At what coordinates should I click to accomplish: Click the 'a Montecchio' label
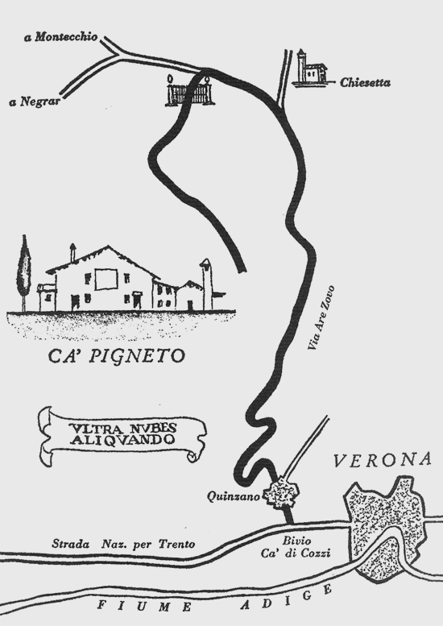point(61,37)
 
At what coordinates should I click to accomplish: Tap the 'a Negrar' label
point(35,102)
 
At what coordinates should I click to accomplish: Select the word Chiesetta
point(365,83)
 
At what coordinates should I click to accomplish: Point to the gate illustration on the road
point(190,90)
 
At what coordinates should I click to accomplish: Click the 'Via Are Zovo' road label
point(321,317)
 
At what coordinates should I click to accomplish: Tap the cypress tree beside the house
point(24,272)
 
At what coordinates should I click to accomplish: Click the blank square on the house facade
point(106,279)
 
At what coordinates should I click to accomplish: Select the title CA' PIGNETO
point(117,356)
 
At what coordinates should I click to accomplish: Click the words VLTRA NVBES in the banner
point(124,429)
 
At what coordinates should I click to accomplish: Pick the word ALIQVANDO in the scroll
point(122,440)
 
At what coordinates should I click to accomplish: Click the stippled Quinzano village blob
point(282,493)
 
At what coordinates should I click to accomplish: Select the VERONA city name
point(383,459)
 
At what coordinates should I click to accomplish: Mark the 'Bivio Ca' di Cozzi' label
point(296,547)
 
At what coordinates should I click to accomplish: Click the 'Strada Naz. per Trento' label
point(123,544)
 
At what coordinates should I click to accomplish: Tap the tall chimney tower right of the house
point(207,284)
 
